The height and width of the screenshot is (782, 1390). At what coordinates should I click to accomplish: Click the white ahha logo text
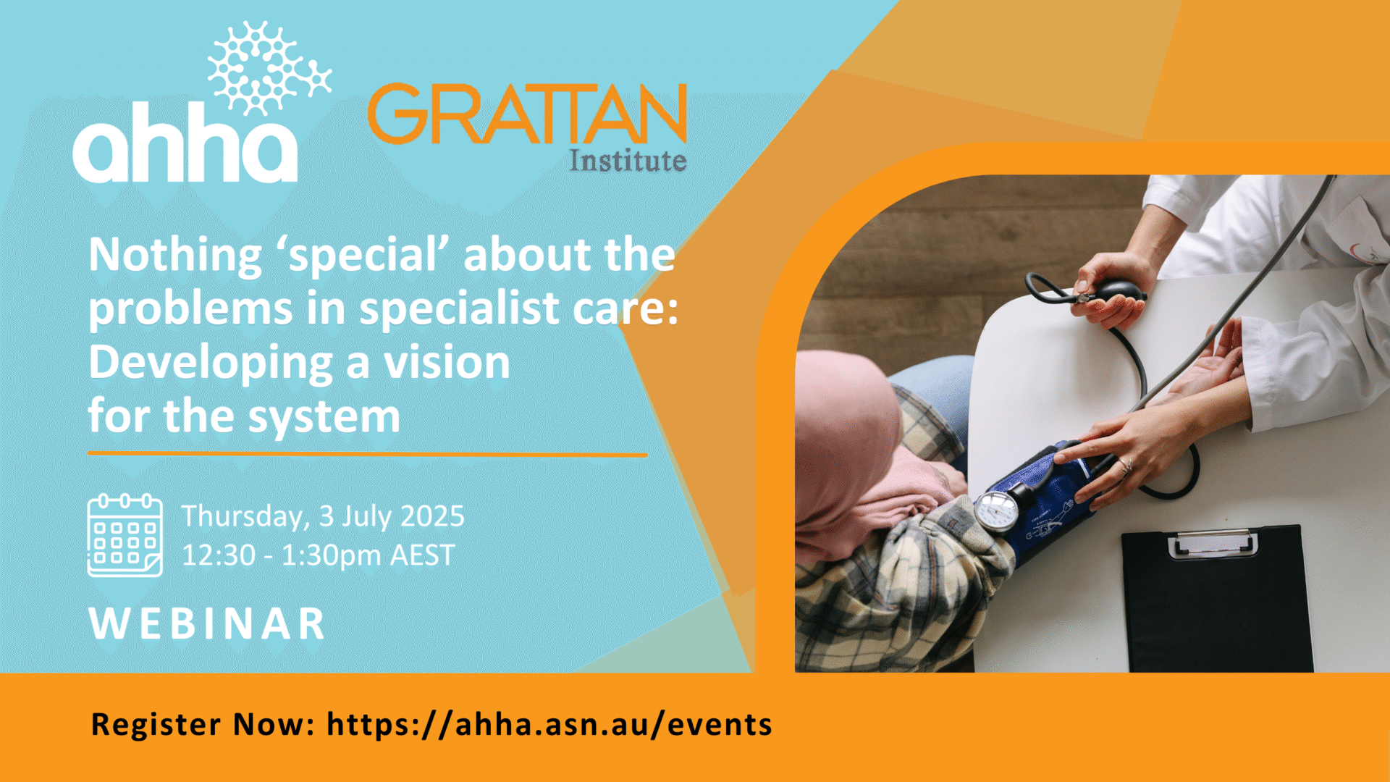pyautogui.click(x=185, y=143)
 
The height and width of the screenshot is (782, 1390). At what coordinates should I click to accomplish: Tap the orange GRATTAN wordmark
pyautogui.click(x=527, y=114)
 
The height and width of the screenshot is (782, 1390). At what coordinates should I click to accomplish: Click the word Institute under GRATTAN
pyautogui.click(x=628, y=160)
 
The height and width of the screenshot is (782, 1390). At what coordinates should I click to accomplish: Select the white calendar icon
pyautogui.click(x=125, y=535)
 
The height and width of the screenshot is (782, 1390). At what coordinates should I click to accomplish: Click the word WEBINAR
pyautogui.click(x=207, y=623)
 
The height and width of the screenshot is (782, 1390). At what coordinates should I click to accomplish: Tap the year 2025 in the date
pyautogui.click(x=432, y=516)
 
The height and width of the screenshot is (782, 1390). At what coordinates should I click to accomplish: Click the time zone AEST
pyautogui.click(x=422, y=555)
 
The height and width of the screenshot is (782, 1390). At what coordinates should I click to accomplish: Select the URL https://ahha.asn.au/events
pyautogui.click(x=549, y=724)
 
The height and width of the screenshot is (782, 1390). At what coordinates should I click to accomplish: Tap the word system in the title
pyautogui.click(x=324, y=418)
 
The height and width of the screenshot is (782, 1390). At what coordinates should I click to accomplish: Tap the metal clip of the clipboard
pyautogui.click(x=1213, y=542)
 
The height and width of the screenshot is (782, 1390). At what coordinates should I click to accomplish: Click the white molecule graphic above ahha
pyautogui.click(x=269, y=68)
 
